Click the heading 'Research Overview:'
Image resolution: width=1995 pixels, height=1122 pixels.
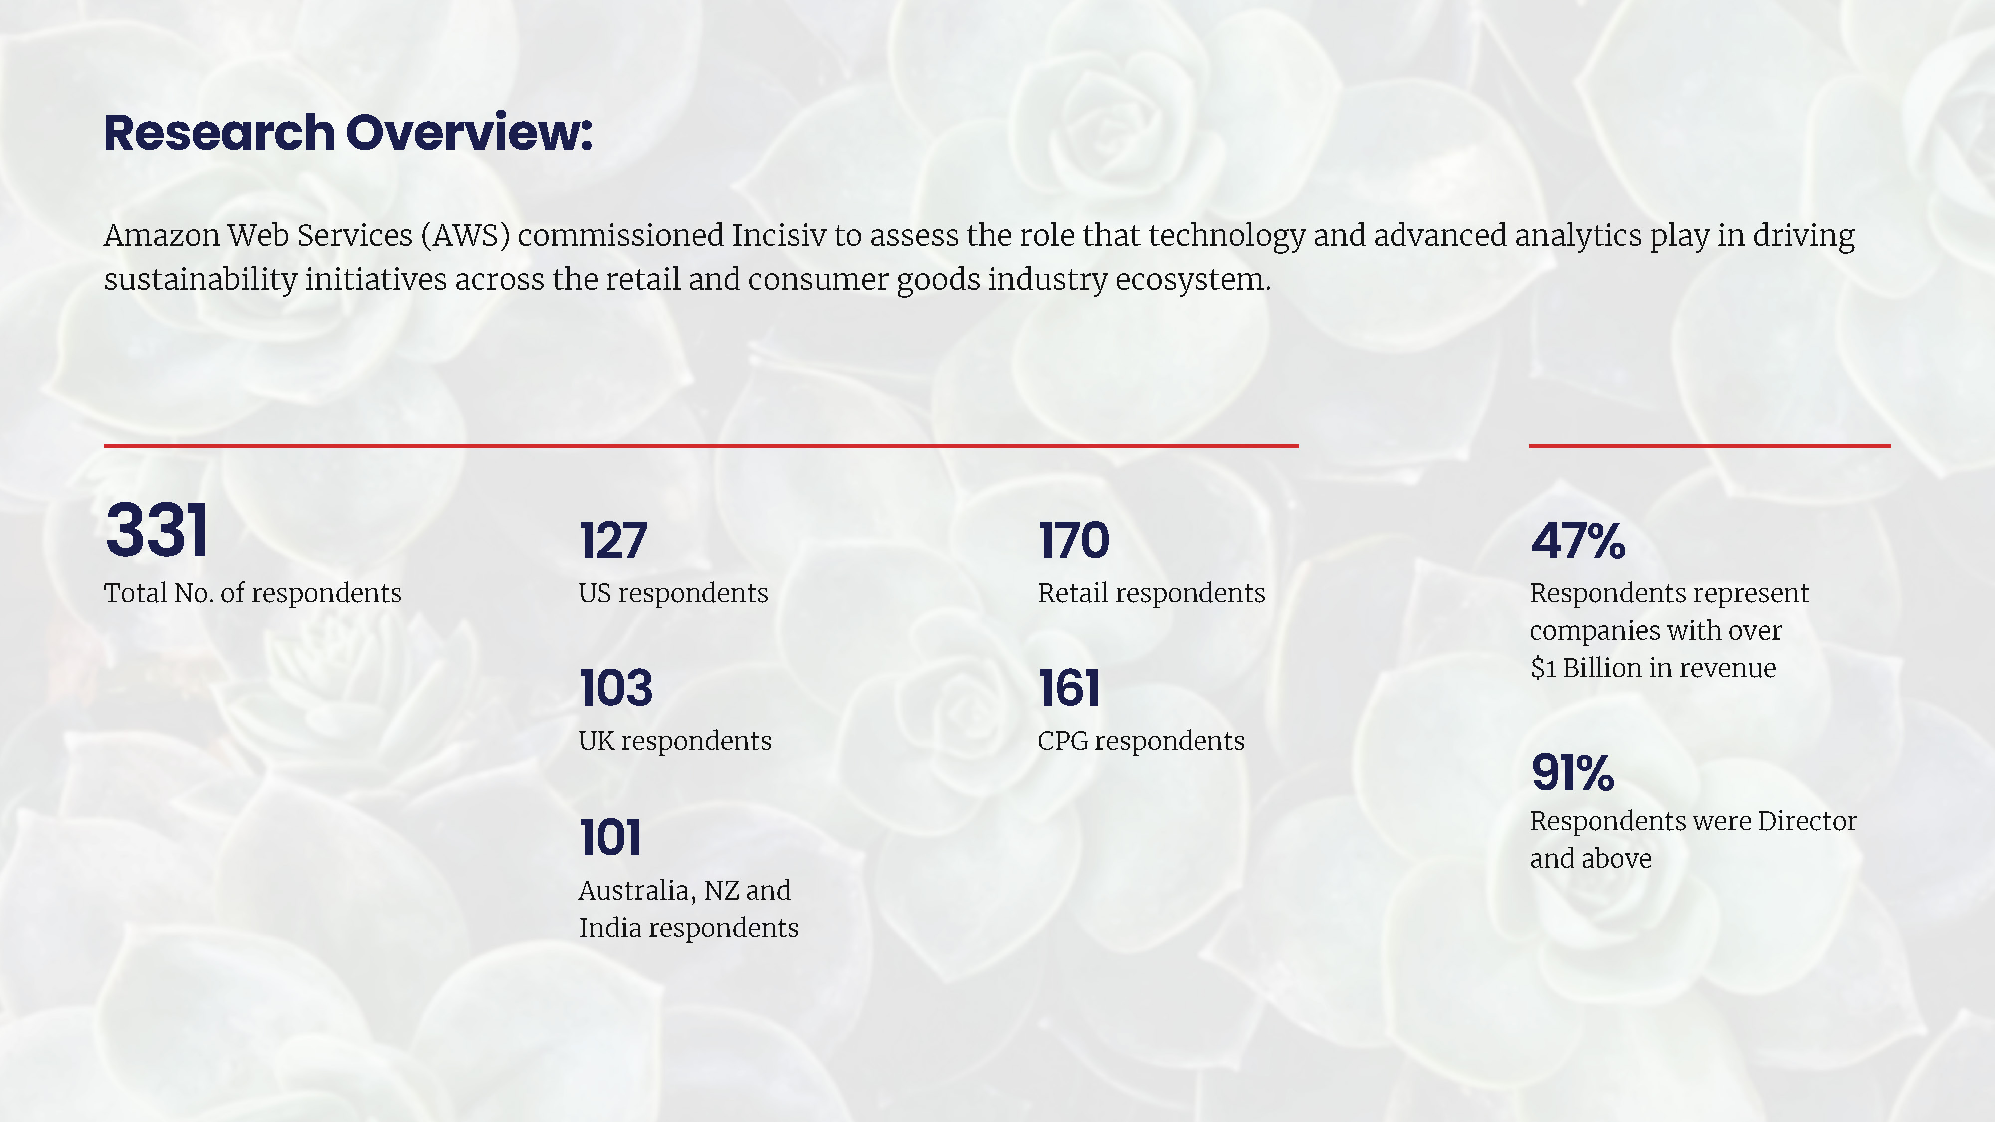click(348, 133)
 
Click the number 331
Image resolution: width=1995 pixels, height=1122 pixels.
click(157, 531)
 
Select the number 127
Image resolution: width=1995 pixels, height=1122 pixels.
click(612, 541)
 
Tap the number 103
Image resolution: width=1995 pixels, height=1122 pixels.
click(615, 688)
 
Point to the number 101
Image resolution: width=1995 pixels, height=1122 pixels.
click(610, 838)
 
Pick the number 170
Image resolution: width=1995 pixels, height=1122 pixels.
click(1073, 541)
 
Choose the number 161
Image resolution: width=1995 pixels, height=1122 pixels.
click(1069, 688)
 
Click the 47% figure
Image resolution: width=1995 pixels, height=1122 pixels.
click(1578, 541)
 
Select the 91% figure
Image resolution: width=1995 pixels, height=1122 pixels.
click(1572, 773)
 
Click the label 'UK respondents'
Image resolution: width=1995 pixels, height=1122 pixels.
click(674, 741)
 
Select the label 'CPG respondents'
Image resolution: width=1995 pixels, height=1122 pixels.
click(1141, 741)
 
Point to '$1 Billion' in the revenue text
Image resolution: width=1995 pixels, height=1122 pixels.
click(1586, 668)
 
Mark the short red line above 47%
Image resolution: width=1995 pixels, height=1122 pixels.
click(1710, 446)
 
